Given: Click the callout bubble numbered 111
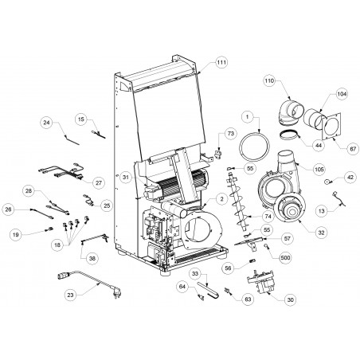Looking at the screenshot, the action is click(221, 62).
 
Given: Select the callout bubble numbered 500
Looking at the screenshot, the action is click(284, 258).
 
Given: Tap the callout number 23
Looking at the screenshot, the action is click(70, 295).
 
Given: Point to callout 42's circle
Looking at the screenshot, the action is click(350, 177).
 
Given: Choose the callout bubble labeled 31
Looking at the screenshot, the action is click(126, 177).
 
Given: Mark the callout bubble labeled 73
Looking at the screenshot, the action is click(230, 133).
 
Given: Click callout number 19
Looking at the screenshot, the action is click(16, 235).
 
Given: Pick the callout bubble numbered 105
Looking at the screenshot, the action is click(319, 169).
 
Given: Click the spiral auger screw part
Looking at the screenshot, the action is click(237, 201).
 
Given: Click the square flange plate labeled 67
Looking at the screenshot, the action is click(331, 126).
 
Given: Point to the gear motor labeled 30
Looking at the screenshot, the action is click(262, 283).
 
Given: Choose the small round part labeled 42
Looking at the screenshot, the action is click(327, 182).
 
